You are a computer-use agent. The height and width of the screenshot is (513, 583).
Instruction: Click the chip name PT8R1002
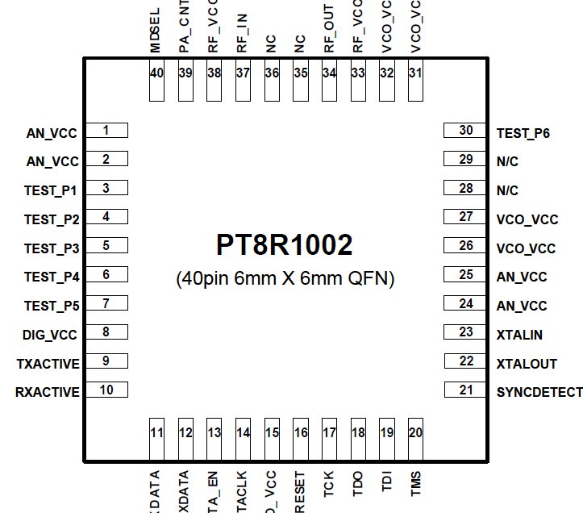pyautogui.click(x=284, y=244)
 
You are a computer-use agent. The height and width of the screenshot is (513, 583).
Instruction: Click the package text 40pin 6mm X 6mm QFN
pyautogui.click(x=285, y=279)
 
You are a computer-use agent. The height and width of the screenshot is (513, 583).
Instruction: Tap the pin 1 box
pyautogui.click(x=106, y=131)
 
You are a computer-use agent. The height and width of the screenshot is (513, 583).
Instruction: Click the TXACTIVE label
pyautogui.click(x=48, y=364)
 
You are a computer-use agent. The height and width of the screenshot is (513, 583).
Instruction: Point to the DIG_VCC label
pyautogui.click(x=51, y=335)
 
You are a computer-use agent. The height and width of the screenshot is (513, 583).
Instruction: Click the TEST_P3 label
pyautogui.click(x=52, y=248)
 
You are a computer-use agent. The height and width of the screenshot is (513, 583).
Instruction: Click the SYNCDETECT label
pyautogui.click(x=539, y=392)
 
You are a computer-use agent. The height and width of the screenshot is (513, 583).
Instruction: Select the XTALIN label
pyautogui.click(x=520, y=334)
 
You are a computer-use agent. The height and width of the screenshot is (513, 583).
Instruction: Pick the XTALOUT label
pyautogui.click(x=527, y=364)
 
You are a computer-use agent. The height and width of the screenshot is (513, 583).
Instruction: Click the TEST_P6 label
pyautogui.click(x=523, y=132)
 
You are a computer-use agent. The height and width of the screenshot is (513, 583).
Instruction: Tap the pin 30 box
pyautogui.click(x=465, y=131)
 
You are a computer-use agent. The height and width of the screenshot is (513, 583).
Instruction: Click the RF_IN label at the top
pyautogui.click(x=242, y=37)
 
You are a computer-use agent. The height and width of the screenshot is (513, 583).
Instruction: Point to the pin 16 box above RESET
pyautogui.click(x=301, y=440)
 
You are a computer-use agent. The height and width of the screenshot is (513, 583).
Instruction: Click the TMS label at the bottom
pyautogui.click(x=416, y=484)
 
